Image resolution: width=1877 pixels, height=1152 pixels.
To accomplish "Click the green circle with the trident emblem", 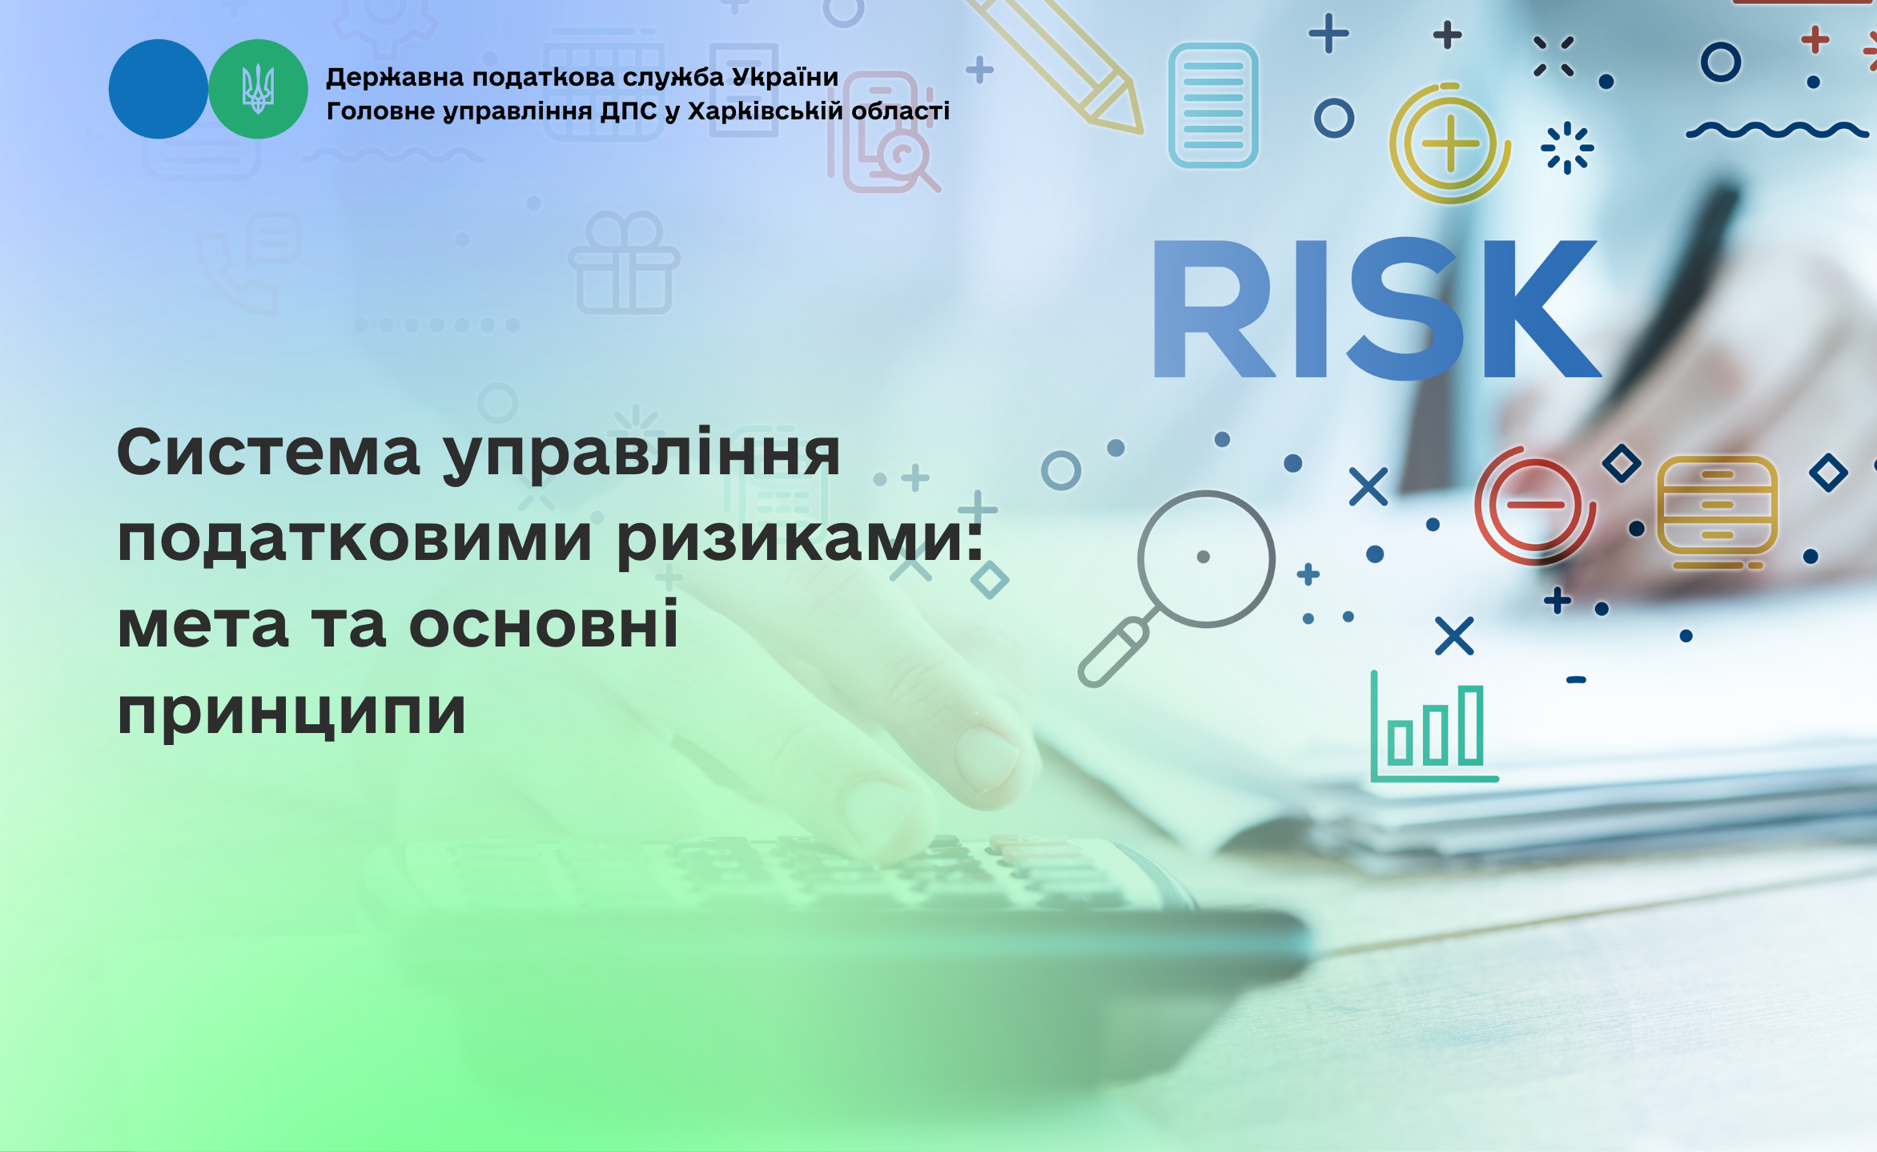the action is (258, 89).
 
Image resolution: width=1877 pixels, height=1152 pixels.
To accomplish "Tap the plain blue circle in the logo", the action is (158, 89).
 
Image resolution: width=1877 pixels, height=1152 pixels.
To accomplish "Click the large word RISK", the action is (1377, 309).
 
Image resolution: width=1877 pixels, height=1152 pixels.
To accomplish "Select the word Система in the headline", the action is (268, 453).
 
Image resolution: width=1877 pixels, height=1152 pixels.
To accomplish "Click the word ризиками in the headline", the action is (800, 540).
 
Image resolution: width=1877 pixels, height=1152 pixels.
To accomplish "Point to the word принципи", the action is (291, 713).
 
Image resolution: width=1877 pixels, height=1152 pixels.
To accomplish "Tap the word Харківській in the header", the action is (765, 111).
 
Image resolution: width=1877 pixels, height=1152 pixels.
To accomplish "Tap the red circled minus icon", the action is (1534, 505).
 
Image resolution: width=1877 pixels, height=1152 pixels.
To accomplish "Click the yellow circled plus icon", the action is (1449, 143).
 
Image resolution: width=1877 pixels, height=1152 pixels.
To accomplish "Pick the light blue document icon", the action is (1213, 105).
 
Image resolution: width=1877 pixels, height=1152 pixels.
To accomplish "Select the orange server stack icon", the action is (1717, 511).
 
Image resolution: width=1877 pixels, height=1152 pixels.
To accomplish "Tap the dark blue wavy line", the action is (1777, 130).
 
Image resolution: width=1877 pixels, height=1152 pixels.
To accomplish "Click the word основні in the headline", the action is (544, 625).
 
